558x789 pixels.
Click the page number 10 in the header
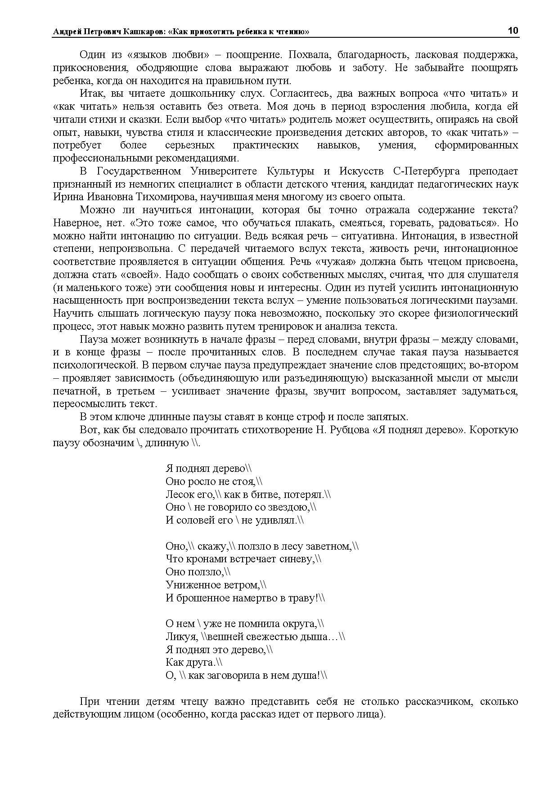click(513, 31)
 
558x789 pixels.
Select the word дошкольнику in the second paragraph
click(189, 94)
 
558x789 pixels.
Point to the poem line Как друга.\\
click(194, 663)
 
